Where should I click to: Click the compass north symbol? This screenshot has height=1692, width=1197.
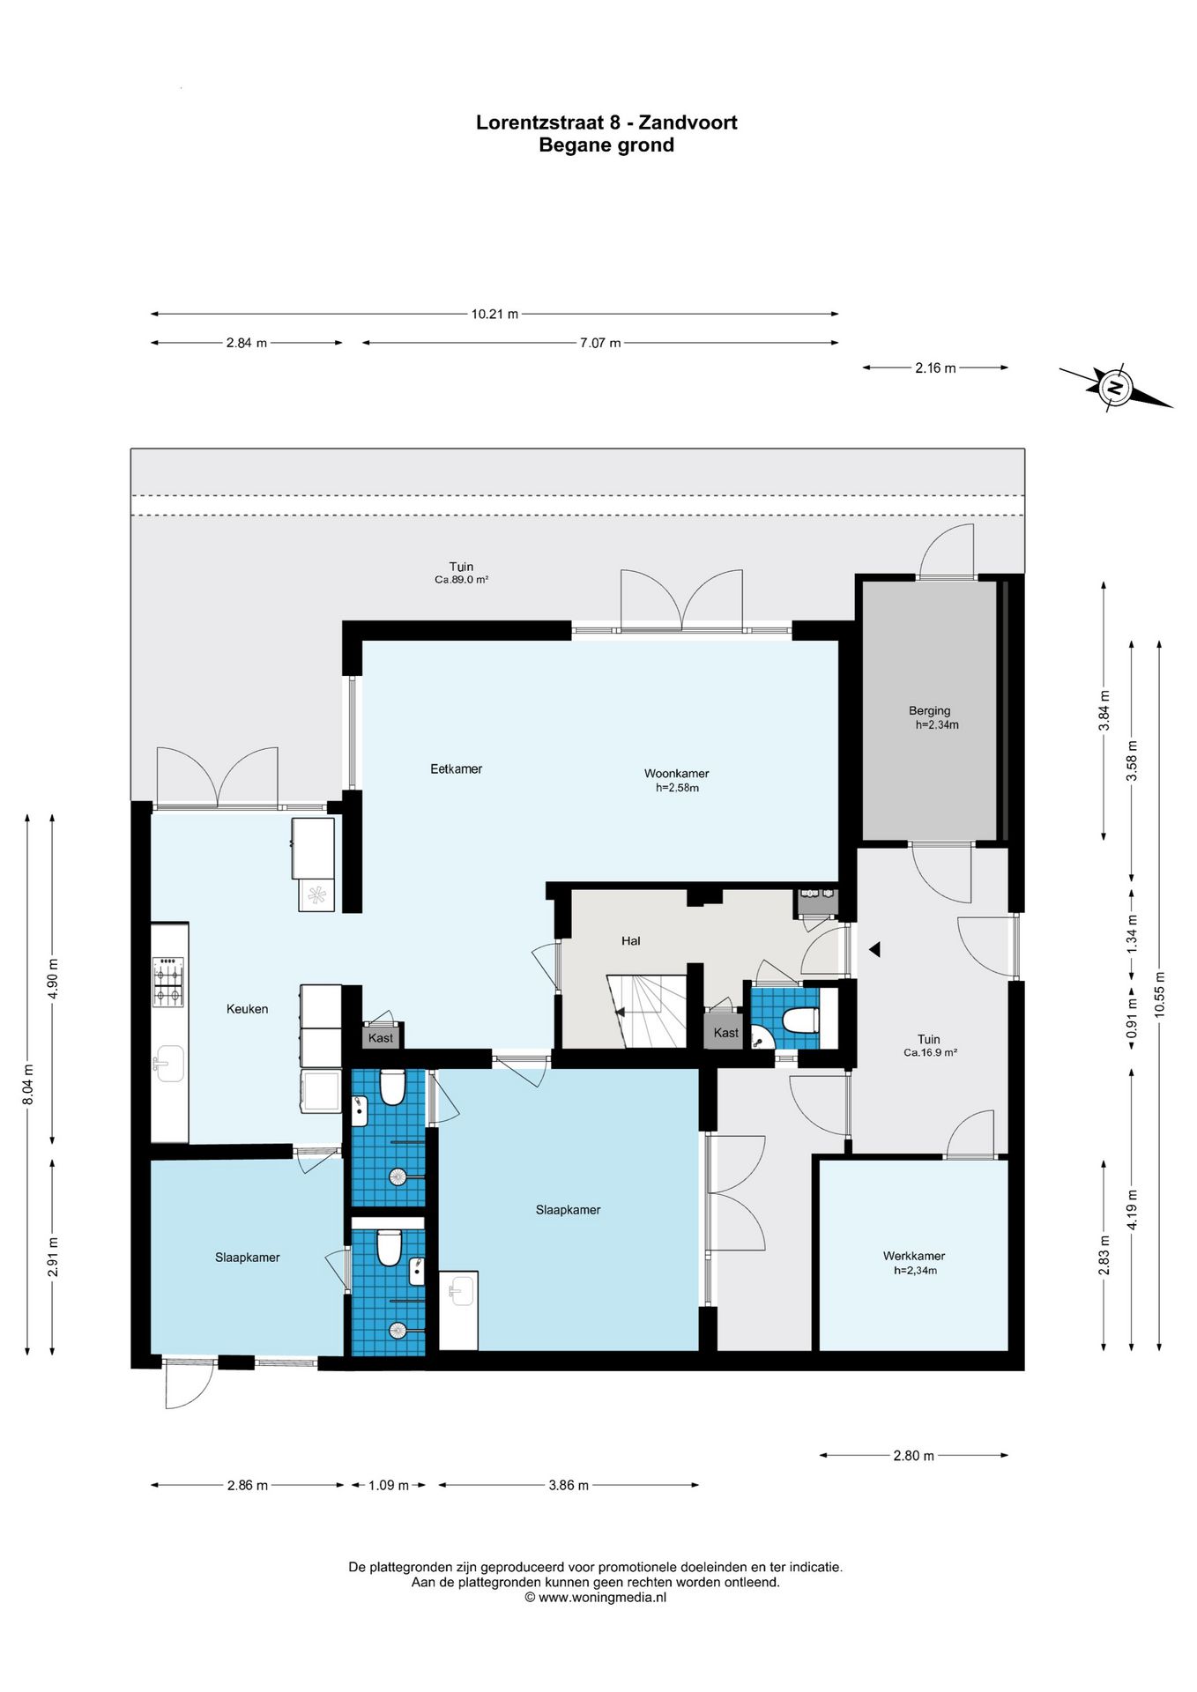(1115, 387)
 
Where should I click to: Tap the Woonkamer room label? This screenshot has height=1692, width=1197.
(676, 774)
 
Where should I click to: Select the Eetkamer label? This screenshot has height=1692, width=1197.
(456, 768)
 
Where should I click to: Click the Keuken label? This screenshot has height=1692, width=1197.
(247, 1009)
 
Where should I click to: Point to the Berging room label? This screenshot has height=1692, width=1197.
(929, 710)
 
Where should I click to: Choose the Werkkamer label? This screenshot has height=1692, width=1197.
(913, 1256)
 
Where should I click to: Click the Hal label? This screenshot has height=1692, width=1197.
(630, 941)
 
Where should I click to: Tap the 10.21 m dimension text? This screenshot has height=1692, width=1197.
(494, 314)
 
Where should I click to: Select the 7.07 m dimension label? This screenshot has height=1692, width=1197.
(599, 343)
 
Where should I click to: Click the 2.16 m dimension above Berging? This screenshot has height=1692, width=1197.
(934, 368)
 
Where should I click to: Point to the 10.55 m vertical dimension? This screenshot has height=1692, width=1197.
(1159, 994)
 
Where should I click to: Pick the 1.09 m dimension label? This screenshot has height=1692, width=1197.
(388, 1485)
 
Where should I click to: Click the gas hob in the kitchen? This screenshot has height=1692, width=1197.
(168, 982)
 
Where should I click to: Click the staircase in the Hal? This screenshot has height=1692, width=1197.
(646, 1012)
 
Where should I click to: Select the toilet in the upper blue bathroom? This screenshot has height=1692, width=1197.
(392, 1087)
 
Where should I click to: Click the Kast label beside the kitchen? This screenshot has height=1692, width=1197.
(381, 1038)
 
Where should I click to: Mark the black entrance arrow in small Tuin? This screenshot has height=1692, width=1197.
(874, 950)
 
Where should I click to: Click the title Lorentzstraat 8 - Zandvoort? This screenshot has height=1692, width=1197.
(606, 122)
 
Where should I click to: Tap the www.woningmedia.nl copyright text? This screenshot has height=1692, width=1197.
(596, 1597)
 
